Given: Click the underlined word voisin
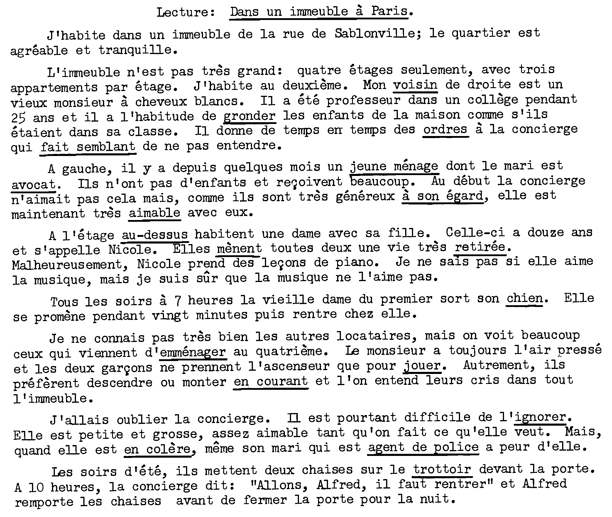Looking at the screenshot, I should [415, 85].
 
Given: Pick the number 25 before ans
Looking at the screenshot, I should [18, 117].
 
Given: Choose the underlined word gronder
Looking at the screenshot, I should [249, 116].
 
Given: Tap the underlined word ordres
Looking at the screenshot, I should [445, 130].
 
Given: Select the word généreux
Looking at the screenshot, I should [365, 196].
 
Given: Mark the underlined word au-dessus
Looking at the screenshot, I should [154, 234].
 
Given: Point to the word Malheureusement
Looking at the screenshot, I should [67, 264].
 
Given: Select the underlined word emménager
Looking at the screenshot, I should [193, 352].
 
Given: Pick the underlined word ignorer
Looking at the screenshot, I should [540, 417].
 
